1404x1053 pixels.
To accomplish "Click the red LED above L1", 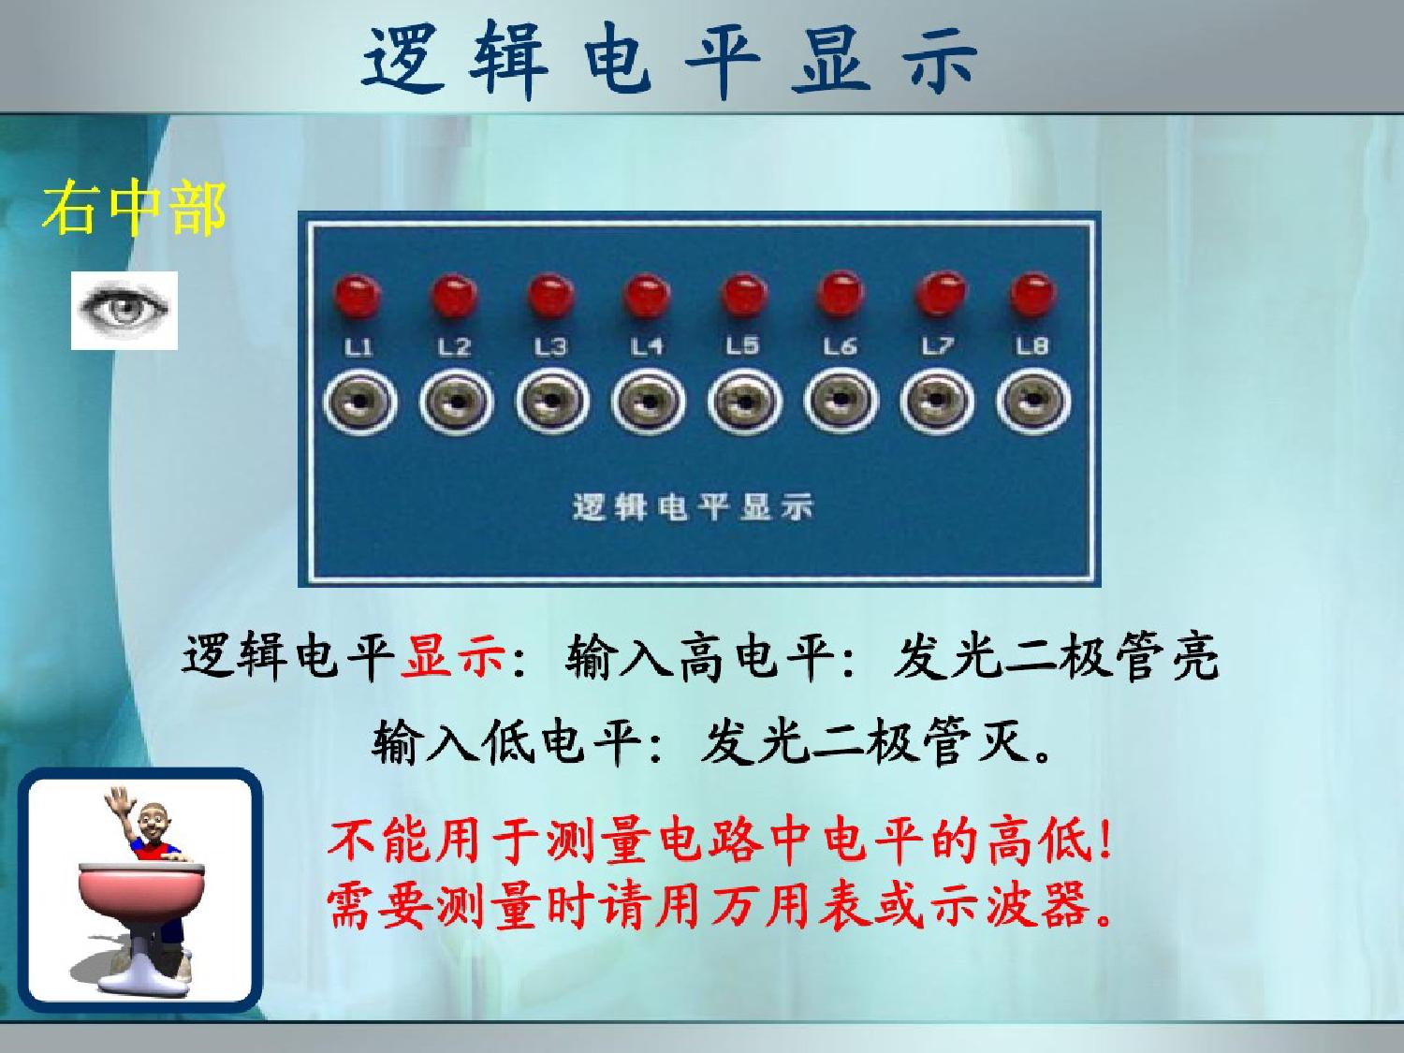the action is (x=358, y=296).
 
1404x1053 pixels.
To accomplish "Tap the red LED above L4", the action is (x=647, y=296).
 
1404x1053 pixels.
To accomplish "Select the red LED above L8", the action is (x=1033, y=294).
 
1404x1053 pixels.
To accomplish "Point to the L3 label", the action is (x=550, y=347).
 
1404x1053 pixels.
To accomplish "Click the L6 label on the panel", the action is (x=840, y=346).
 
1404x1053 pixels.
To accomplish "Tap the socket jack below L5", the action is (x=744, y=402).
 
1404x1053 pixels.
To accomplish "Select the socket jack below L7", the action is (x=937, y=401).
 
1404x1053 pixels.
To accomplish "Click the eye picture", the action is (x=124, y=310).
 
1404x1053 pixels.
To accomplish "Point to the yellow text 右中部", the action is (x=135, y=208).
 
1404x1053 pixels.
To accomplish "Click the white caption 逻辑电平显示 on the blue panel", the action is (x=693, y=507).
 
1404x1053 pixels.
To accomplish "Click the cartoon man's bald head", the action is (x=154, y=818).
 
